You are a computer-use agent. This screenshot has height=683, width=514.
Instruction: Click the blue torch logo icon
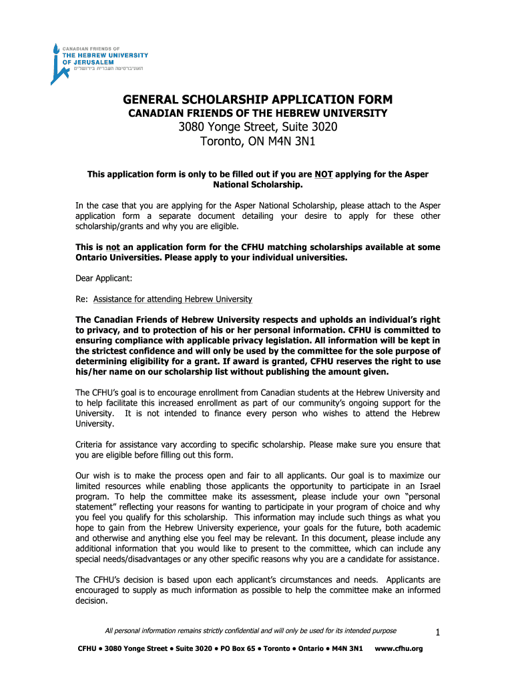[57, 64]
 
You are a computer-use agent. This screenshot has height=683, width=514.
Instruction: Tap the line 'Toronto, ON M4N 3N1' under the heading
[257, 142]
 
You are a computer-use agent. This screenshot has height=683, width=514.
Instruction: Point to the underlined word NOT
[324, 175]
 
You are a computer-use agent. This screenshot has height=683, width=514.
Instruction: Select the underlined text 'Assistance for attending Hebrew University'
[173, 299]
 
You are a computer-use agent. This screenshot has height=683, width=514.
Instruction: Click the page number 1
[436, 632]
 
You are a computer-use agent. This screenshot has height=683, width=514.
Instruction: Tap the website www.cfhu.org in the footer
[399, 649]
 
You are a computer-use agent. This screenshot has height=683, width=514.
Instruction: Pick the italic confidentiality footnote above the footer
[251, 631]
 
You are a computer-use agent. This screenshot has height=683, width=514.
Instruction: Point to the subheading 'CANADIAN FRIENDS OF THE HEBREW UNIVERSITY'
[257, 114]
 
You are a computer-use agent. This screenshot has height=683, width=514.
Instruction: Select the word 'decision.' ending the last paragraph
[92, 600]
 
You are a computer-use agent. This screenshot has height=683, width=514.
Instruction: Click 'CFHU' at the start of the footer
[87, 649]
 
